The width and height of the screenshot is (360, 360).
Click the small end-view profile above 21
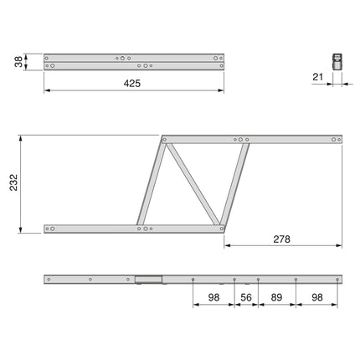coord(336,60)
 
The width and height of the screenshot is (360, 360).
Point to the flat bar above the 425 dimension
coord(134,61)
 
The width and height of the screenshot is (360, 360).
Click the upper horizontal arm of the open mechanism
coord(251,139)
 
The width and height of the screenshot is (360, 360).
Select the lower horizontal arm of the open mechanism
coord(126,227)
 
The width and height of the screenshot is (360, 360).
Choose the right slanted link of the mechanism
coord(237,183)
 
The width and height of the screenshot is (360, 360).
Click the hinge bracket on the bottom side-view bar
coord(148,280)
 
